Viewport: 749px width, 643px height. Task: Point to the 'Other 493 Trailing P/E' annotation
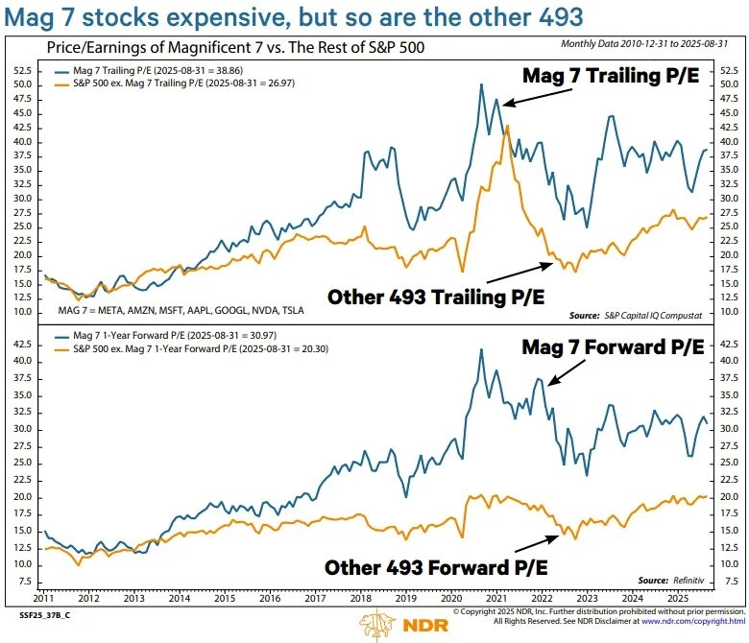tap(436, 297)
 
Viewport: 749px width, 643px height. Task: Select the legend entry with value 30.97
tap(173, 336)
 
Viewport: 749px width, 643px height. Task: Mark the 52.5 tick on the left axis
tap(23, 70)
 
